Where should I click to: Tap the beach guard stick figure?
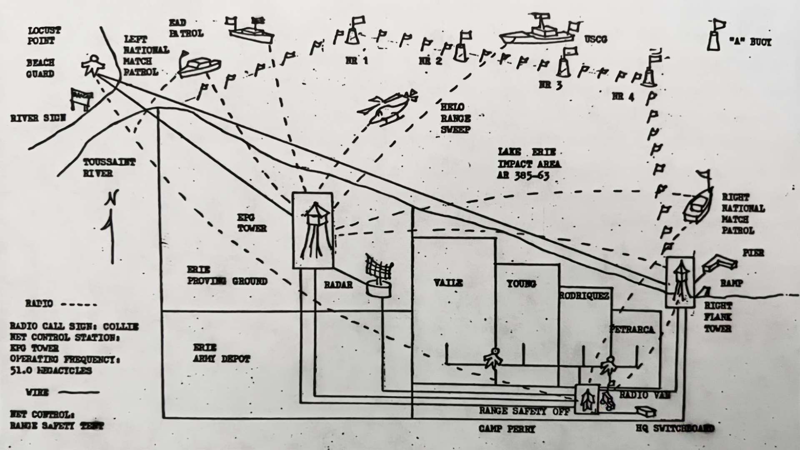coord(92,65)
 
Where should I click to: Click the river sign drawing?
coord(81,98)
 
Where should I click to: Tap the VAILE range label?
coord(448,283)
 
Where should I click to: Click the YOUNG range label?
coord(521,284)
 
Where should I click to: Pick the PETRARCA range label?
coord(632,329)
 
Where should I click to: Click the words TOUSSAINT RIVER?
coord(109,167)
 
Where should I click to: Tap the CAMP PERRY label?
coord(506,429)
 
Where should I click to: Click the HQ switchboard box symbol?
coord(646,412)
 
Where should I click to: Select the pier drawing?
coord(719,263)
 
